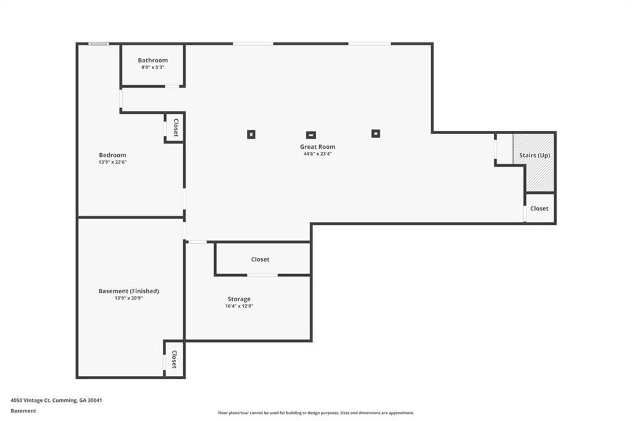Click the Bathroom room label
[153, 60]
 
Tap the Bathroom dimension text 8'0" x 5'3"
[153, 67]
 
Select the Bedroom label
[112, 155]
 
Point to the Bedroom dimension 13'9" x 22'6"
[112, 162]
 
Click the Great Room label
[318, 147]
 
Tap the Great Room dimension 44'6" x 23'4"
[318, 154]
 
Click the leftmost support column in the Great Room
[251, 135]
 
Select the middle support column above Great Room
[311, 135]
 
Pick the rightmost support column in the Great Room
[376, 133]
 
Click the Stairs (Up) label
[534, 156]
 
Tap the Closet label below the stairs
[539, 209]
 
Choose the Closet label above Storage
[260, 259]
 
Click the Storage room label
[239, 299]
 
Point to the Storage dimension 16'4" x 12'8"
[239, 306]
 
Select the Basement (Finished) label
[128, 291]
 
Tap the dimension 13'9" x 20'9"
[128, 298]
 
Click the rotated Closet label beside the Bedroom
[176, 127]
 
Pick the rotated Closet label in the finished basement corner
[174, 359]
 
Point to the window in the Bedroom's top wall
[99, 44]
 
